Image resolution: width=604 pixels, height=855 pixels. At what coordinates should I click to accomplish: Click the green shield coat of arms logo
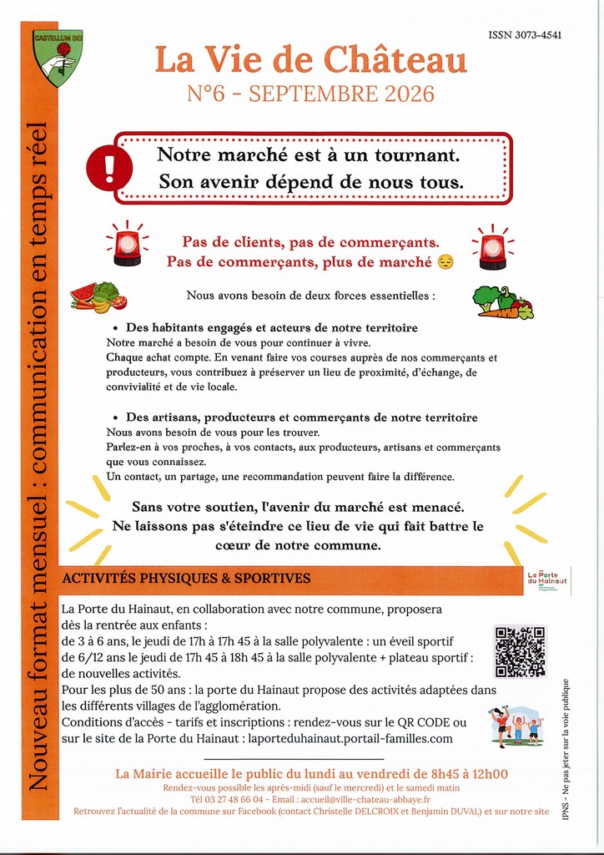[58, 58]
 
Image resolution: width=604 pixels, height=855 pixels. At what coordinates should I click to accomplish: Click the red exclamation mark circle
[109, 165]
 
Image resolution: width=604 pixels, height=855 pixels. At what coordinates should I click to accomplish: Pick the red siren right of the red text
[493, 246]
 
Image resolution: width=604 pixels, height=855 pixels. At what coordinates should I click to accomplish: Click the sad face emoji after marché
[445, 262]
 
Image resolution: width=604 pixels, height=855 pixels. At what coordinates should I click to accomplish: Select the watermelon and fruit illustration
[98, 296]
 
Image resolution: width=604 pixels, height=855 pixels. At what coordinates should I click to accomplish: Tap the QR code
[520, 651]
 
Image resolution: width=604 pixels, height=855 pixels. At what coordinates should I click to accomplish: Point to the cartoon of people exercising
[517, 727]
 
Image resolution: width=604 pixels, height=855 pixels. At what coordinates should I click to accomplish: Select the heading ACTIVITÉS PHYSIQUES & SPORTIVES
[186, 579]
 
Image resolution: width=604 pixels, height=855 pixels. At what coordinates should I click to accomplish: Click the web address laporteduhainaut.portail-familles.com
[350, 739]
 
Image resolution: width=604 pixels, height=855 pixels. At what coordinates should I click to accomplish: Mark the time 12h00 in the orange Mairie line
[488, 774]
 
